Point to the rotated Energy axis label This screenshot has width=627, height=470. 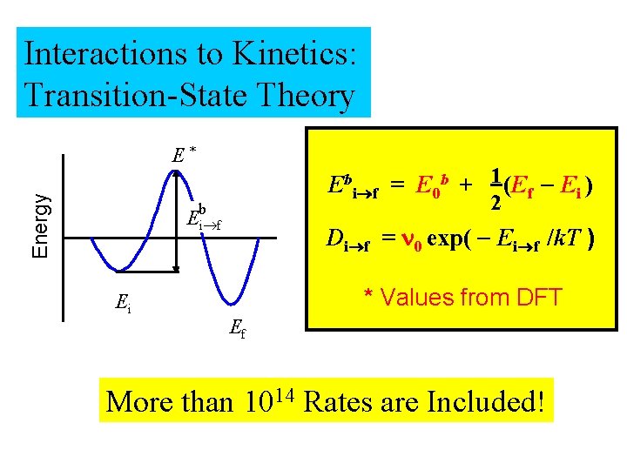coord(40,225)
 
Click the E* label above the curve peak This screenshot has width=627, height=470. coord(182,155)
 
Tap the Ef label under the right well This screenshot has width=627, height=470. coord(236,329)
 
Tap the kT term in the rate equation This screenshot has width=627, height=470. coord(567,238)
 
